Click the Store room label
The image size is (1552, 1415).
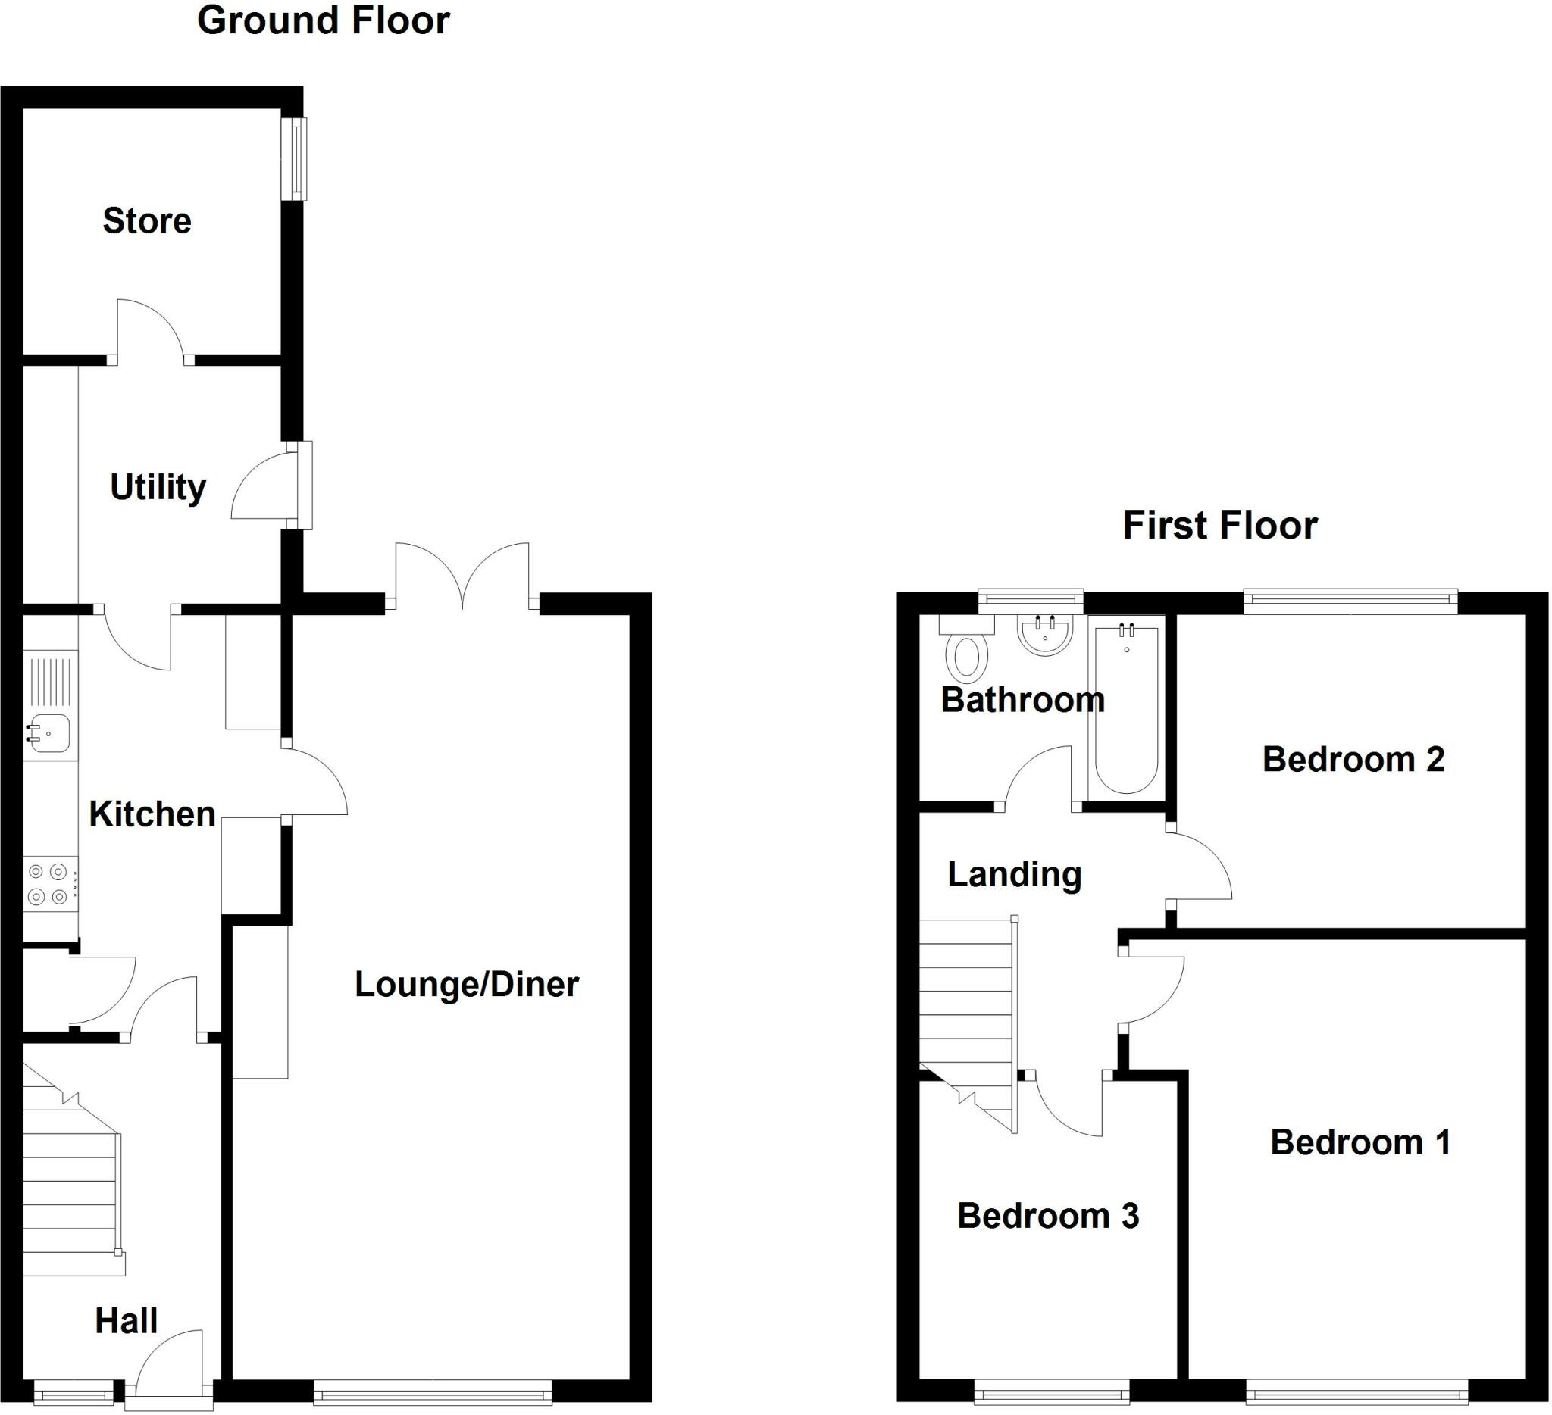pos(147,221)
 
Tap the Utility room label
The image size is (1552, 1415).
pos(158,488)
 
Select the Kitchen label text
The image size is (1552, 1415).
pos(152,814)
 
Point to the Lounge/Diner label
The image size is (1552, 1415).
pos(467,985)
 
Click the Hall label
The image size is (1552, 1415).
pos(127,1321)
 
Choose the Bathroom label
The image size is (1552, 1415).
pos(1023,700)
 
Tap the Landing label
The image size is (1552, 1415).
pos(1015,875)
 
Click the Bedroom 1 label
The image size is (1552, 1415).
pos(1360,1142)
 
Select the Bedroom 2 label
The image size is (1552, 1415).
pos(1353,760)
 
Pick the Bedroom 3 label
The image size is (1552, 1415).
pos(1048,1216)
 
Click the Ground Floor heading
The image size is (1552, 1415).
pos(324,20)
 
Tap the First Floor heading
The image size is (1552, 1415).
pos(1220,526)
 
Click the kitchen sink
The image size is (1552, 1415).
pos(50,732)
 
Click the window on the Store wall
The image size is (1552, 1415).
pos(295,158)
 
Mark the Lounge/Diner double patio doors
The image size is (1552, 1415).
pos(462,576)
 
